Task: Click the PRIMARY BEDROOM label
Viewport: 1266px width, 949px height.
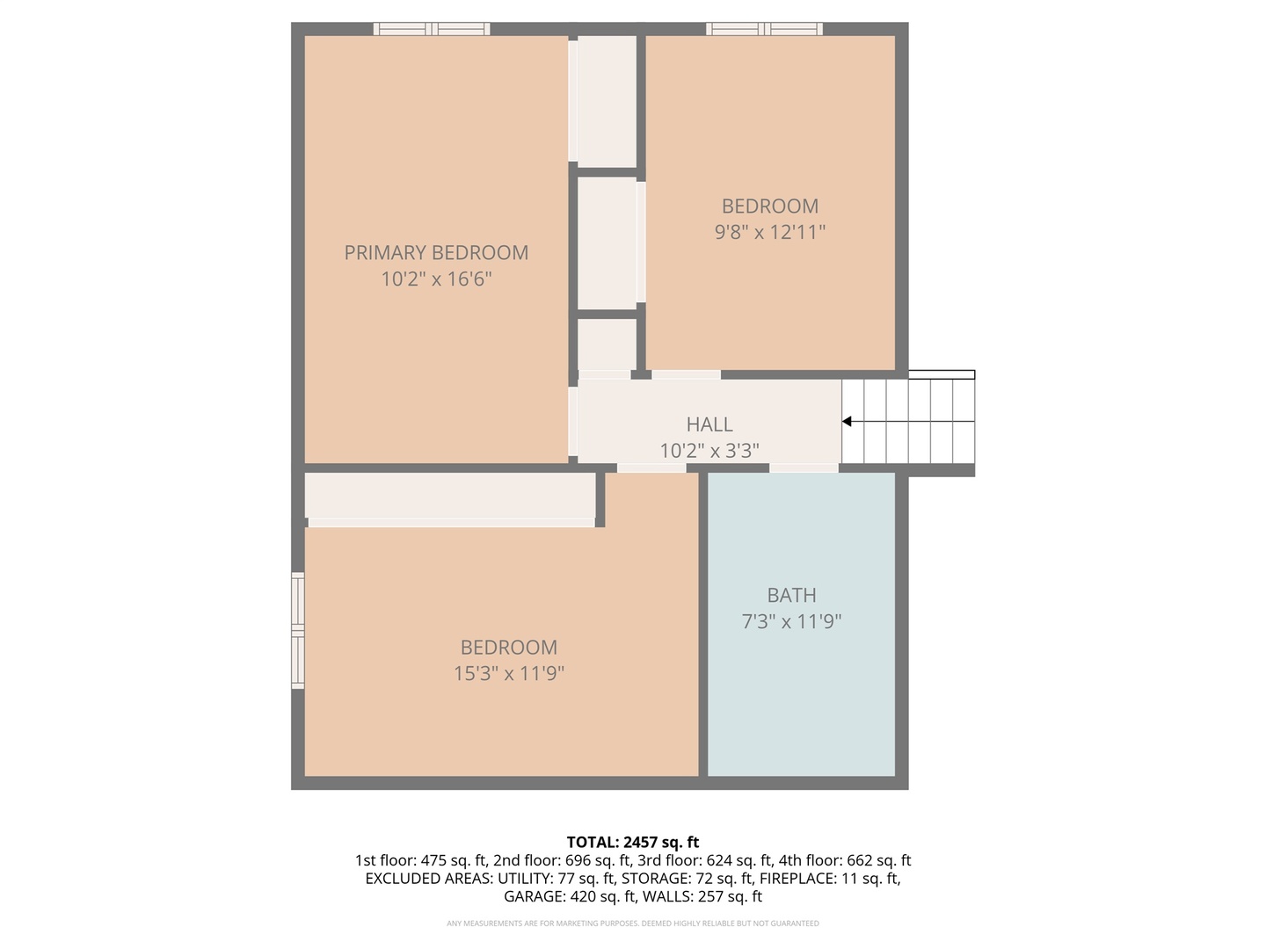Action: coord(436,253)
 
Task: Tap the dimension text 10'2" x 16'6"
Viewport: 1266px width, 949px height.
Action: coord(436,279)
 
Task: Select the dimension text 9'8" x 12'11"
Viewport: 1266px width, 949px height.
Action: coord(770,232)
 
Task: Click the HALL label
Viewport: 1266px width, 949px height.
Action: coord(709,424)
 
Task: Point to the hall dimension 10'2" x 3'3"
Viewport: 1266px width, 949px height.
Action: coord(709,451)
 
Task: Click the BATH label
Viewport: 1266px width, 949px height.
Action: coord(791,596)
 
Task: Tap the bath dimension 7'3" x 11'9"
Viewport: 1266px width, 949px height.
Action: coord(791,622)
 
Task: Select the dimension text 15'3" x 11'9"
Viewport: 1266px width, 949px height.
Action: coord(508,674)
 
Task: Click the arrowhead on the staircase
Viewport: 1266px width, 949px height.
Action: coord(847,422)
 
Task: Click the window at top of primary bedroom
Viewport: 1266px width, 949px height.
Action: coord(432,29)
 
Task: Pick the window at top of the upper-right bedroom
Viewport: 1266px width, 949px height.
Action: coord(764,29)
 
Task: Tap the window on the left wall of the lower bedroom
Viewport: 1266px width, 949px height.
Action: coord(298,630)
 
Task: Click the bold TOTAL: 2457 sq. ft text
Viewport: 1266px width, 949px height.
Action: coord(633,843)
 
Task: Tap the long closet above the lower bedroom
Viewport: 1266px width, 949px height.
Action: coord(449,496)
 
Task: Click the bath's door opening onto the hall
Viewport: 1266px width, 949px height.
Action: coord(804,468)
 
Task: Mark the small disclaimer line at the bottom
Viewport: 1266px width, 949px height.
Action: coord(633,924)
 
